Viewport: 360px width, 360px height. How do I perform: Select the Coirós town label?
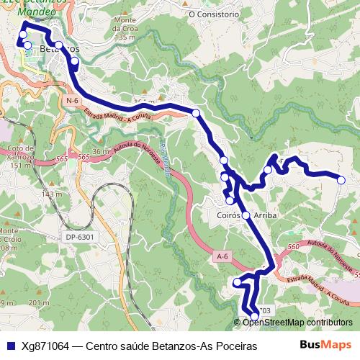[x=228, y=215]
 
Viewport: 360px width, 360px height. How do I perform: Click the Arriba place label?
[x=265, y=215]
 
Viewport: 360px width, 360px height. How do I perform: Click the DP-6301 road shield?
[x=79, y=237]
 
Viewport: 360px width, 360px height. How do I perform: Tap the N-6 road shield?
[x=71, y=101]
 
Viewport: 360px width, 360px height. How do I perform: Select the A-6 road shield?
[x=222, y=256]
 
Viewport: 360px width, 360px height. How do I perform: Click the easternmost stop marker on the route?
[x=341, y=180]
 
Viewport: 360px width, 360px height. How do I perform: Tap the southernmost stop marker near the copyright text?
[x=254, y=316]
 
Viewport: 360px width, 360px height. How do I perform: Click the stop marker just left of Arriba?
[x=246, y=215]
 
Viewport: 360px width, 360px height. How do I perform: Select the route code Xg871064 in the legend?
[x=45, y=346]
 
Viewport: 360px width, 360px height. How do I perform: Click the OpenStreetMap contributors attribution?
[x=298, y=323]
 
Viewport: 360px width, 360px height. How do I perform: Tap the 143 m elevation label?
[x=52, y=194]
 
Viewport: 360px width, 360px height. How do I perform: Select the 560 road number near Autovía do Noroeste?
[x=293, y=247]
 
